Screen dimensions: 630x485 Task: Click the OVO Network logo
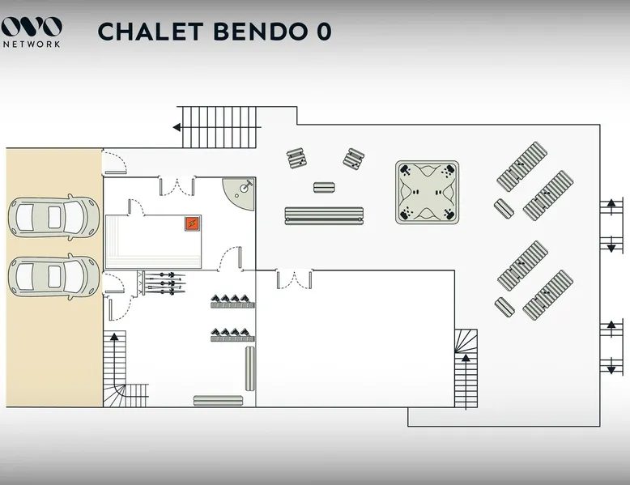click(x=32, y=32)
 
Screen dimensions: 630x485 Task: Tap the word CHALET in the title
click(x=151, y=32)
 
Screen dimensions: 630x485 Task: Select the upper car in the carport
click(x=53, y=217)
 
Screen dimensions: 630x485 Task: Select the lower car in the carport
click(x=53, y=277)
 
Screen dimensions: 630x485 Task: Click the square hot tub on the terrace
click(x=427, y=193)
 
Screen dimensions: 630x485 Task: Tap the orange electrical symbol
click(x=193, y=223)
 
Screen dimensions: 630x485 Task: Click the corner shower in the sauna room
click(x=239, y=194)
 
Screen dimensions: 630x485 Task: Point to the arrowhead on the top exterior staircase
click(x=177, y=127)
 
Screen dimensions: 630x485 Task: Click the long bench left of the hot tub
click(x=324, y=215)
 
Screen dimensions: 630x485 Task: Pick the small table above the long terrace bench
click(x=324, y=187)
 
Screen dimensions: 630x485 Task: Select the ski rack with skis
click(x=162, y=283)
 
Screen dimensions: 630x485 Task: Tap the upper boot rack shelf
click(x=232, y=302)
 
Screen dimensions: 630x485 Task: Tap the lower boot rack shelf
click(x=232, y=335)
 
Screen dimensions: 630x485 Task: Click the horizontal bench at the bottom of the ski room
click(x=218, y=401)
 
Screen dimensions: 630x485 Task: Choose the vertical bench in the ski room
click(x=250, y=368)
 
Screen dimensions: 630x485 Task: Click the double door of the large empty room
click(x=294, y=279)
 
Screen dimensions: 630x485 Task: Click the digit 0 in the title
click(x=323, y=32)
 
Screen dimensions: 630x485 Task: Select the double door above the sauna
click(x=177, y=185)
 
